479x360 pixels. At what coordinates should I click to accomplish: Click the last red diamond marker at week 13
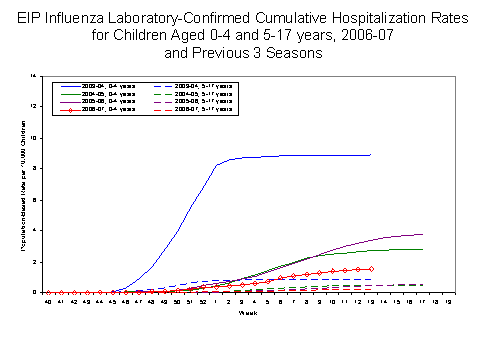pyautogui.click(x=371, y=268)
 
